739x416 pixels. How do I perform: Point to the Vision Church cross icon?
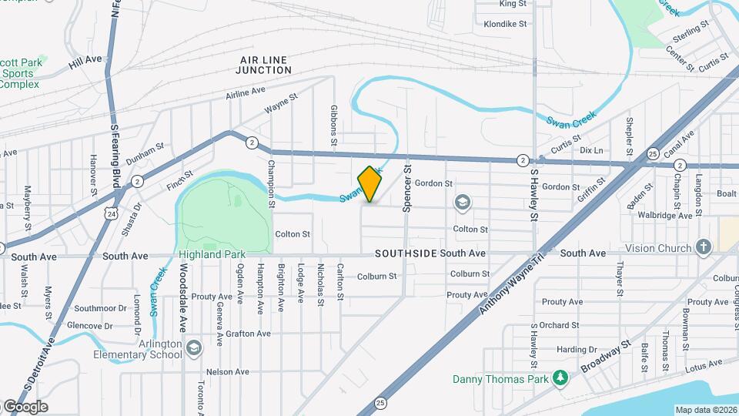pos(702,247)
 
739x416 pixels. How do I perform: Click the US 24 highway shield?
pos(112,213)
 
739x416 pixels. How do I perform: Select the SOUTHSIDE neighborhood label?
pos(406,253)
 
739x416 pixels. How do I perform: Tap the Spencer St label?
pos(407,187)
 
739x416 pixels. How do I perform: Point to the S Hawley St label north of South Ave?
pos(533,196)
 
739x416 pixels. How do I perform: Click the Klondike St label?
pos(505,24)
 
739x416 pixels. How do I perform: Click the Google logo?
pos(25,406)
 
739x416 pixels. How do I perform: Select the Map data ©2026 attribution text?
pos(705,410)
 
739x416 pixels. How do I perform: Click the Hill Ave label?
pos(85,59)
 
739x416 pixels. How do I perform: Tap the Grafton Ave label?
pos(248,334)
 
